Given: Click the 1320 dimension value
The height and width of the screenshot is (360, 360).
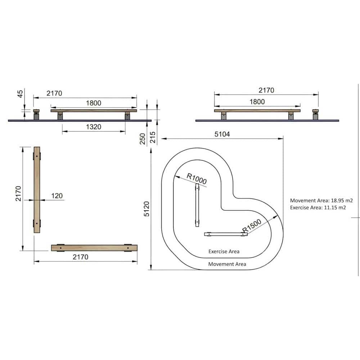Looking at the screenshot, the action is point(94,127).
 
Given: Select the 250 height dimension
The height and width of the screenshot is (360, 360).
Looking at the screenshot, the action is point(143,139).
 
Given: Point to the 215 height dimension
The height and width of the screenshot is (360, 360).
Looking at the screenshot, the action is point(153,137).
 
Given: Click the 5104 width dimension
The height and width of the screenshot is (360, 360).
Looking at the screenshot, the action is point(222,134).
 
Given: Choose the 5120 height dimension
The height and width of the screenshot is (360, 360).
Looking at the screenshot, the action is point(147,209).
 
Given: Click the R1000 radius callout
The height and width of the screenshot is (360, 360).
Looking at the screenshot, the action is point(197,179).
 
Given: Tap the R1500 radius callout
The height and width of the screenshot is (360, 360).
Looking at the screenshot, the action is point(252,225).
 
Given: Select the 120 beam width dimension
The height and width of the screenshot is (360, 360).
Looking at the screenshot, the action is point(57,195).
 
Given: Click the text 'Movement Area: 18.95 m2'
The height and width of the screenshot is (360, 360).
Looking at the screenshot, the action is point(321,201).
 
